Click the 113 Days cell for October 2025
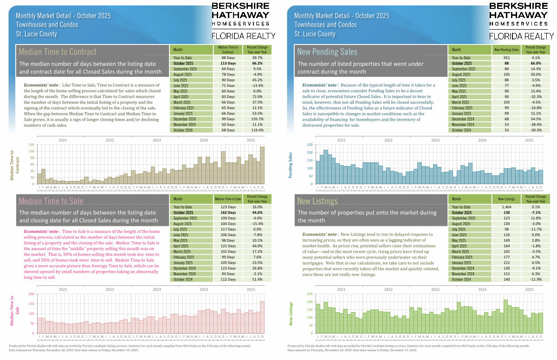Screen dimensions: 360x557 pyautogui.click(x=226, y=63)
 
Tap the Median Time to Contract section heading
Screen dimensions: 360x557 pyautogui.click(x=58, y=51)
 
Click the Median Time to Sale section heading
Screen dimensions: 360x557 pyautogui.click(x=51, y=201)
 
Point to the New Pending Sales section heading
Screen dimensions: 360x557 pyautogui.click(x=327, y=51)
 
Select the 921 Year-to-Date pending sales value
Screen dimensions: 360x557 pyautogui.click(x=503, y=58)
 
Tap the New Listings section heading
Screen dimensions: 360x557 pyautogui.click(x=317, y=201)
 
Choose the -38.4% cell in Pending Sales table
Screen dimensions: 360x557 pyautogui.click(x=535, y=125)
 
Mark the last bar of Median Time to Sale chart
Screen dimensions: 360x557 pyautogui.click(x=262, y=317)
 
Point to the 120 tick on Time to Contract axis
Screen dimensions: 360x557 pyautogui.click(x=32, y=145)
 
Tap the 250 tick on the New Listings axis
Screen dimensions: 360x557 pyautogui.click(x=309, y=294)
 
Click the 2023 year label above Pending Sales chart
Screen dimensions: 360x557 pyautogui.click(x=435, y=140)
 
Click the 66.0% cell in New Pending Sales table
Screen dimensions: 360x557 pyautogui.click(x=535, y=63)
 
